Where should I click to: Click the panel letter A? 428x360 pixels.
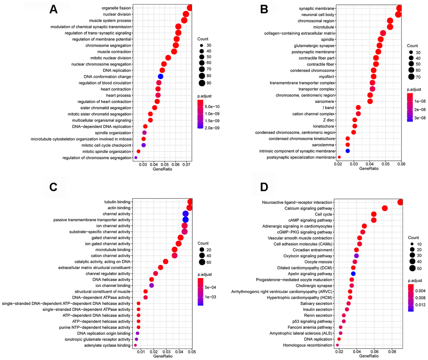point(53,10)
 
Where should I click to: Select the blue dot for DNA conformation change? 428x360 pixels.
point(160,77)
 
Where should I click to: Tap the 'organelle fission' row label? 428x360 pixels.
point(117,8)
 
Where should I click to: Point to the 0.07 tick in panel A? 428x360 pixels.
point(186,164)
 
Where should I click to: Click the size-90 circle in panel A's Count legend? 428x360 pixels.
point(202,83)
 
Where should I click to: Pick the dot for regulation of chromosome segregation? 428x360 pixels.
point(136,158)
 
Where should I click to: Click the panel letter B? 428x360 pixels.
point(264,10)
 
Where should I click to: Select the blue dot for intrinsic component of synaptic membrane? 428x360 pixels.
point(347,151)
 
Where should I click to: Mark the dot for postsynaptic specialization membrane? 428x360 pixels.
point(339,157)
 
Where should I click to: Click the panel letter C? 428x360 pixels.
point(53,187)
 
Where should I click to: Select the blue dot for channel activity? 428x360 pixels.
point(185,214)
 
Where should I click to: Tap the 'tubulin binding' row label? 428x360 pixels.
point(117,202)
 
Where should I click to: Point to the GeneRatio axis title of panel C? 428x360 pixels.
point(163,356)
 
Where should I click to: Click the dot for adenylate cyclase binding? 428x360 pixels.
point(135,345)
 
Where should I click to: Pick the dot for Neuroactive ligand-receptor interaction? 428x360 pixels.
point(400,202)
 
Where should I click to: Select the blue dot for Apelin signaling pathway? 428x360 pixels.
point(353,274)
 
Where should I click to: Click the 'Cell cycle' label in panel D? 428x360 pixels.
point(323,214)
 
